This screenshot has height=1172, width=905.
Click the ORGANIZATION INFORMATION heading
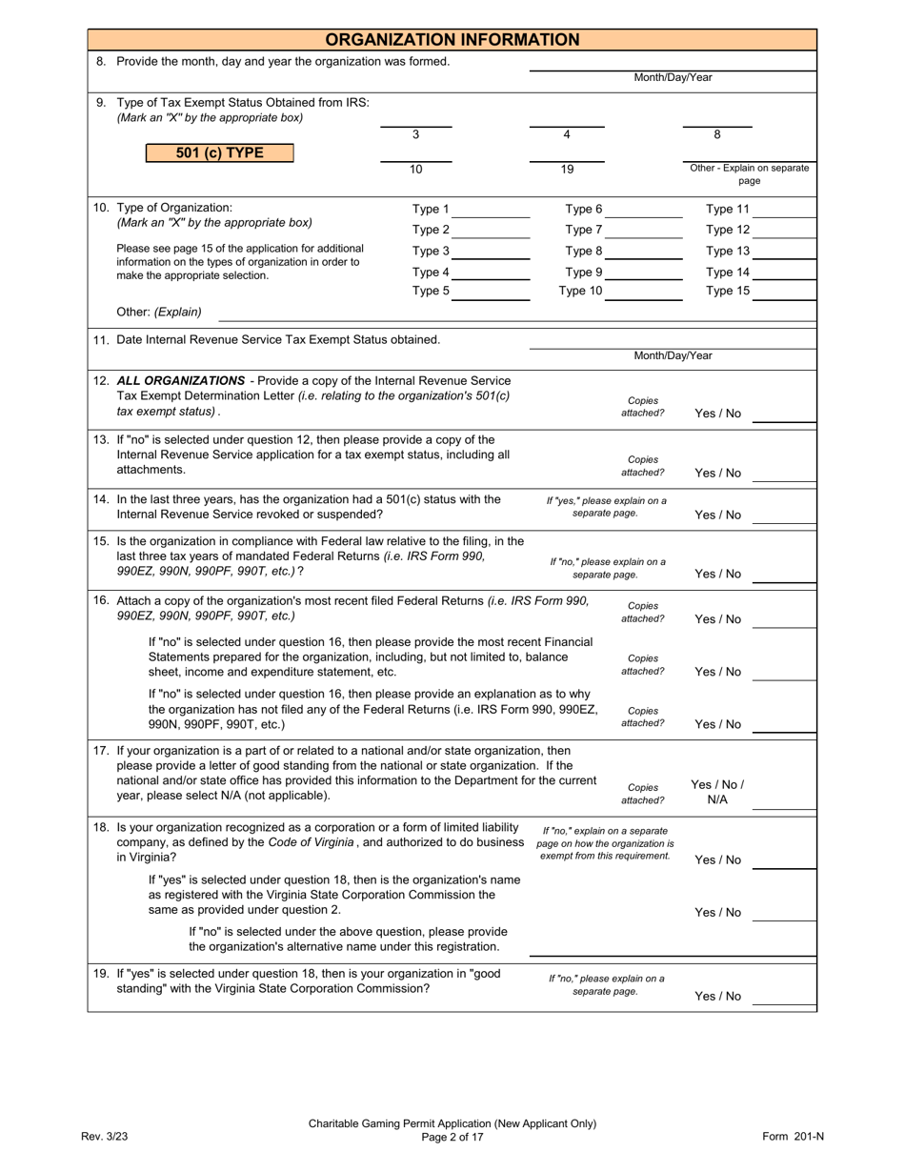452,40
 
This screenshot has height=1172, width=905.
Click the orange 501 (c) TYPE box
219,152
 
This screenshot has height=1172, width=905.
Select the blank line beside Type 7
643,231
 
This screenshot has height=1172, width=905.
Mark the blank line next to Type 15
784,293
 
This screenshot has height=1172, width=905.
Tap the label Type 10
580,292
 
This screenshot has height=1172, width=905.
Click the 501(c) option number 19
567,170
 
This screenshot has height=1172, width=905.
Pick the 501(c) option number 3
415,135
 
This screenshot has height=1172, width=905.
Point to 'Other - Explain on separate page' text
750,174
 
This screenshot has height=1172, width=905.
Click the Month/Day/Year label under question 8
673,78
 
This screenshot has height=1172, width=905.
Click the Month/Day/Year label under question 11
673,356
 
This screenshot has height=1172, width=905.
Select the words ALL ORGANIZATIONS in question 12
180,380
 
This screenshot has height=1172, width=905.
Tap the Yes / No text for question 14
717,515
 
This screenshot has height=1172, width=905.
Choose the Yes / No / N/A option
717,792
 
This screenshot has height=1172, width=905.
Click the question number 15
101,541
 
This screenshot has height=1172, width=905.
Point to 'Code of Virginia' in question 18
311,842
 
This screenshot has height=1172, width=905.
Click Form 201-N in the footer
793,1136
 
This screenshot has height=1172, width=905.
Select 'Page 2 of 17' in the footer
452,1137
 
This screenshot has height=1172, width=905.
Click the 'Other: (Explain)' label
159,312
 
